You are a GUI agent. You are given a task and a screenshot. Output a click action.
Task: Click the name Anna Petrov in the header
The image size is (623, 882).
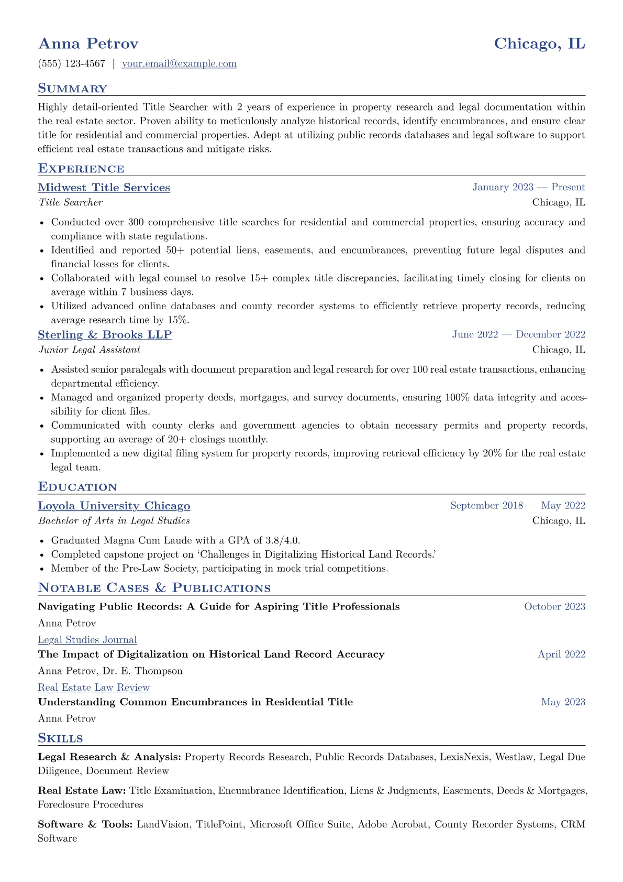coord(88,43)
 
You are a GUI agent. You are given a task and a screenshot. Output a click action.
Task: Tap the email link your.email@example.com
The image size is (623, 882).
coord(179,64)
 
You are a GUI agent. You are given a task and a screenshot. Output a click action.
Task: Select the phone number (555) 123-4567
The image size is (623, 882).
coord(72,64)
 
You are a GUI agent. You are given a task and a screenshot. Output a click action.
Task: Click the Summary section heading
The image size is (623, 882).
coord(72,89)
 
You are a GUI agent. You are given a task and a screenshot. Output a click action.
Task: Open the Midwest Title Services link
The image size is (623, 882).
coord(104,188)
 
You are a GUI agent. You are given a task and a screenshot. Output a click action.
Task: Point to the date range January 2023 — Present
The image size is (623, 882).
coord(528,188)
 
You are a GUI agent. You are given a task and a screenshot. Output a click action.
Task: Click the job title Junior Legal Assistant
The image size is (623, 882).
coord(89,350)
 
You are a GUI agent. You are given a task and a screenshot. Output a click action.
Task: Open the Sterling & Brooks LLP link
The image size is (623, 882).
coord(105,335)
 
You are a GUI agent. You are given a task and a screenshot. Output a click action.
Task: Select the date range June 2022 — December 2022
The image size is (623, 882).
coord(518,335)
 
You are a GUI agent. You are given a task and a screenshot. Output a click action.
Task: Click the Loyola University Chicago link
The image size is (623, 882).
coord(114,506)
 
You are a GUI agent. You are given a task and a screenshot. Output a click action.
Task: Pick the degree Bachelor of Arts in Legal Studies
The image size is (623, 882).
coord(114,521)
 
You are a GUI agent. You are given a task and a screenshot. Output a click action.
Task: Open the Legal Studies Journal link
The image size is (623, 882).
coord(87,640)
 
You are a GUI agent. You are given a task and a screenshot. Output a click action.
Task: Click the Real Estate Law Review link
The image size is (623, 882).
coord(93,688)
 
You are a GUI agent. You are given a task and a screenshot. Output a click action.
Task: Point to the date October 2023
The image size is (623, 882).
coord(554,607)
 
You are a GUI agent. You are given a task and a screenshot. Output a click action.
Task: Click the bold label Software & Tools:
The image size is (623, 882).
coord(85,824)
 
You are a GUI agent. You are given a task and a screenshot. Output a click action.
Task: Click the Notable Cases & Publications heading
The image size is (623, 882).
coord(154,588)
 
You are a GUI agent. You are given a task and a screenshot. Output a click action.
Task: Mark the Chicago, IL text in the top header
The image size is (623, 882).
coord(539,43)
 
